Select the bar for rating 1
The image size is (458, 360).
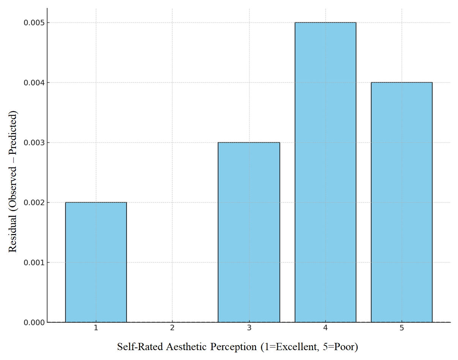(96, 262)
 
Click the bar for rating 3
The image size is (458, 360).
(249, 232)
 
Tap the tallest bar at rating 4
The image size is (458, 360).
(325, 172)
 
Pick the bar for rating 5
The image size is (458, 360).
(401, 202)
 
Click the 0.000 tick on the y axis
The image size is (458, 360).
(34, 322)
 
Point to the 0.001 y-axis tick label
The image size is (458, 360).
(34, 262)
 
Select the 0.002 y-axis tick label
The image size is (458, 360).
(34, 202)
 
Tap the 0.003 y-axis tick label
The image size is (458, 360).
(34, 143)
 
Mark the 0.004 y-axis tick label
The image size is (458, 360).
(34, 83)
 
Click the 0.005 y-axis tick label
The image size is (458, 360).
(34, 23)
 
